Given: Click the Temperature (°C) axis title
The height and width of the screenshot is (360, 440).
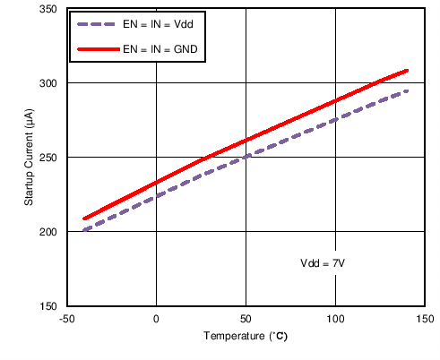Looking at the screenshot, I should (245, 338).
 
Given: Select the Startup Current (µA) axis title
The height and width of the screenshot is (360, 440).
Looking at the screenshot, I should (30, 158).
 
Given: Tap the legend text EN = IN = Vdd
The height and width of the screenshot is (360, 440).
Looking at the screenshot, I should (160, 25).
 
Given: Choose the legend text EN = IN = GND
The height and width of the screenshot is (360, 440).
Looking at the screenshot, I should (161, 50).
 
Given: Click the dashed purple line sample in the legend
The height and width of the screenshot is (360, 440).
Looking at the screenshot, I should (97, 25).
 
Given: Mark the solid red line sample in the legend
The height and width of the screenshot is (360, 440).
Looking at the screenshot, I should (97, 50).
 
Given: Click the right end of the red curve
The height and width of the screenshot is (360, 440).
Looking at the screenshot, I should (407, 70).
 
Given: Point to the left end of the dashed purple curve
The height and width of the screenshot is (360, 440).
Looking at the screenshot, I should (84, 230).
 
